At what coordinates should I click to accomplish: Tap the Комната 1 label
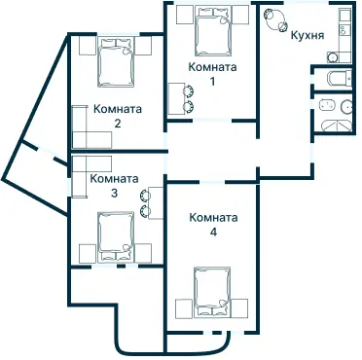click(x=212, y=74)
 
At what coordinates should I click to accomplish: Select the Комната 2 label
click(x=117, y=116)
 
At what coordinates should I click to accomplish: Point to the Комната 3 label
click(x=113, y=185)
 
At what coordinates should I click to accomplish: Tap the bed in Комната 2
click(x=118, y=67)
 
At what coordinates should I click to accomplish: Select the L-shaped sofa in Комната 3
click(x=89, y=168)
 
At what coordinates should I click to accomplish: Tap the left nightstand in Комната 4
click(x=182, y=309)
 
